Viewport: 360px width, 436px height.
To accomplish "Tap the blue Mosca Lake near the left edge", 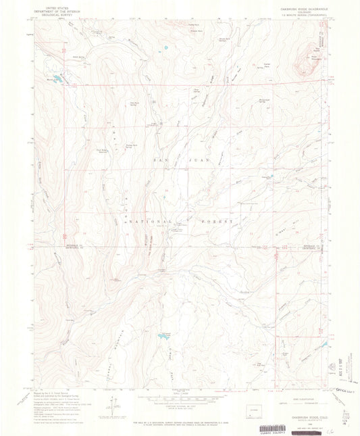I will click(x=57, y=80).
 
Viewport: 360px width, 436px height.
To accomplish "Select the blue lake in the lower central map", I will click(x=163, y=335).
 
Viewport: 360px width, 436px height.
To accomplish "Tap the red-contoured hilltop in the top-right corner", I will click(x=315, y=49).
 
